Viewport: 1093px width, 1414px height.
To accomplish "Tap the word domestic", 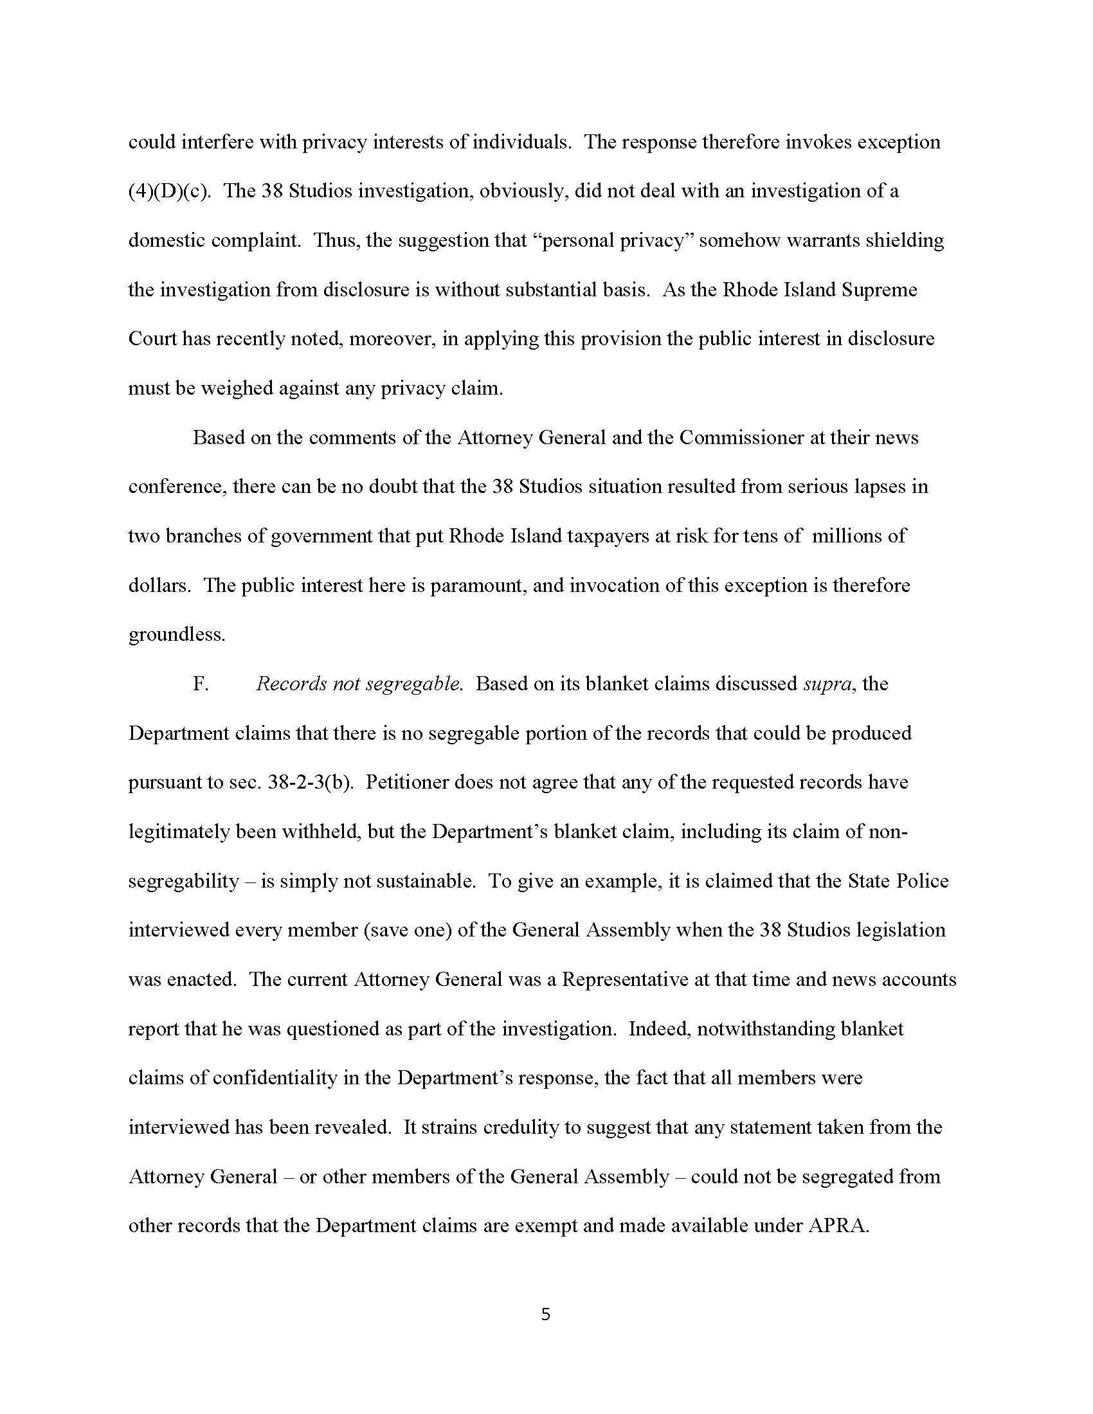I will point(168,241).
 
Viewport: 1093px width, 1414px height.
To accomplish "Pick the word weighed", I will point(237,388).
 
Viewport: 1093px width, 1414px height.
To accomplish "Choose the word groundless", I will point(177,634).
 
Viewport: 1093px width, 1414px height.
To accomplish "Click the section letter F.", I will point(200,685).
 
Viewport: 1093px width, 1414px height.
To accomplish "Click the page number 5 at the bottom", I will point(545,1314).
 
